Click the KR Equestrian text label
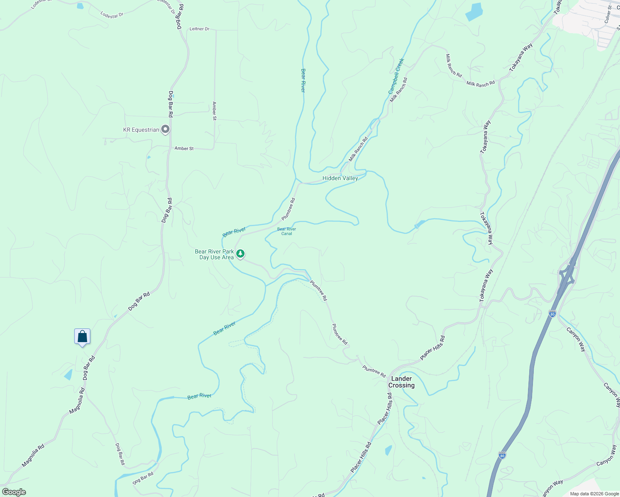point(141,130)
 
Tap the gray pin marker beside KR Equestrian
point(165,130)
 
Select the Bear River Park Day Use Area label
point(214,254)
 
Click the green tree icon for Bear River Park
point(240,253)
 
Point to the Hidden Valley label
point(340,178)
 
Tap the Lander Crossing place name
point(401,382)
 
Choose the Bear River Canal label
point(286,231)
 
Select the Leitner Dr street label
point(199,29)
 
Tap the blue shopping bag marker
point(82,337)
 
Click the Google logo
point(14,492)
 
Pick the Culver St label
point(608,14)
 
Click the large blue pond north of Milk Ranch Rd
point(474,12)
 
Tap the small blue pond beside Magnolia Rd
point(68,375)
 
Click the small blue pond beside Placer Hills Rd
point(388,450)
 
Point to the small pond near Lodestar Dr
point(80,6)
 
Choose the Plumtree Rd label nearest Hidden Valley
point(288,209)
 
